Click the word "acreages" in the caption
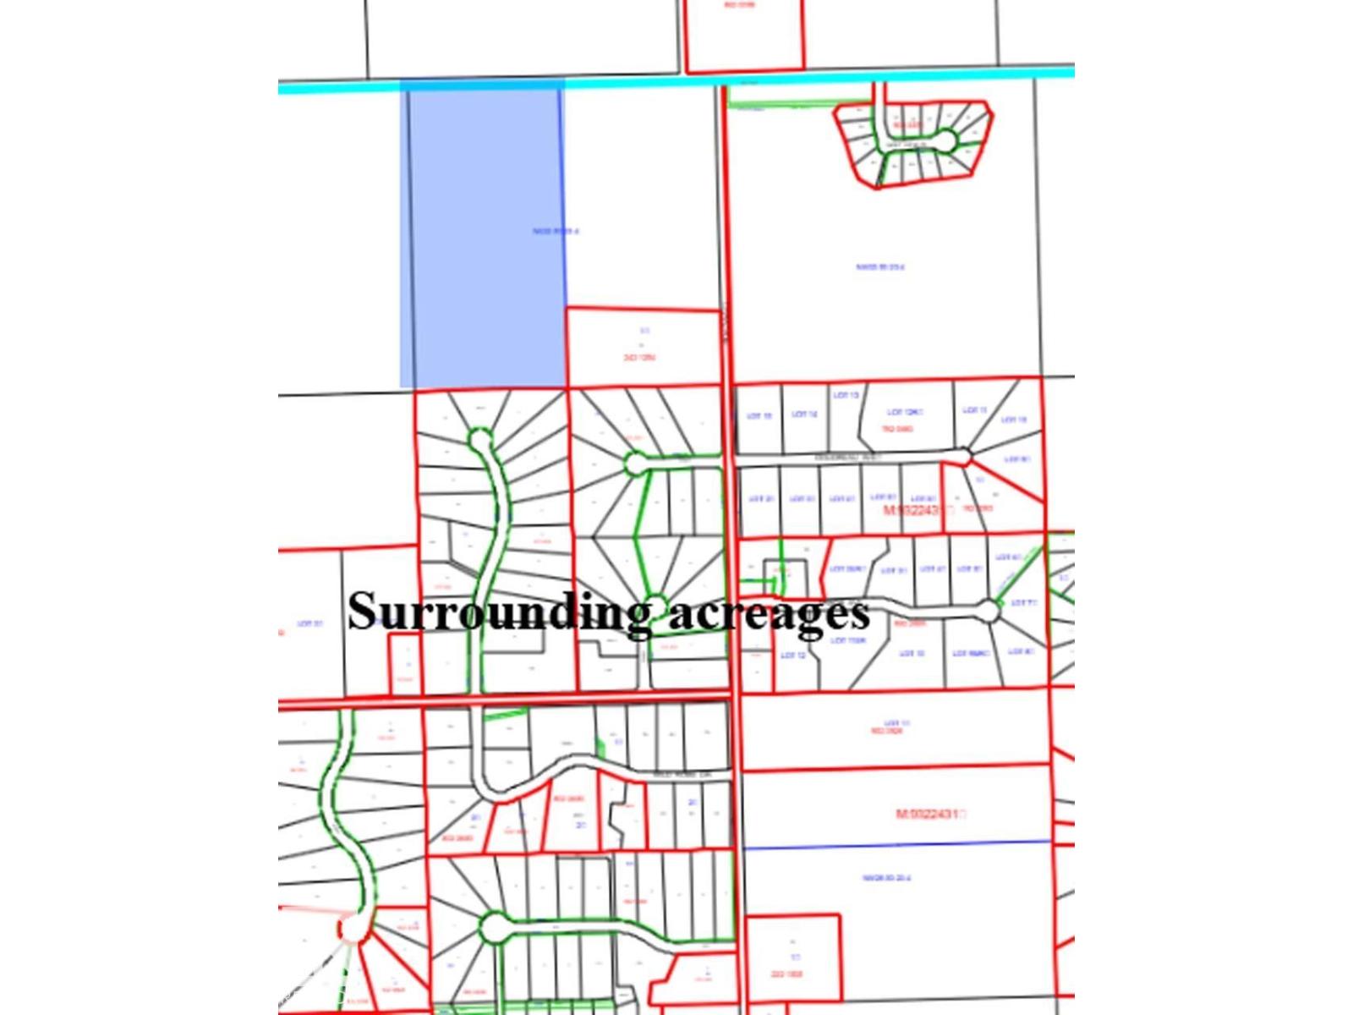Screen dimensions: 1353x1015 click(769, 614)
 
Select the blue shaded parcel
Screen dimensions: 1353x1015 click(482, 237)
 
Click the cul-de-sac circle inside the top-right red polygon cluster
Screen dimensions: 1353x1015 click(945, 140)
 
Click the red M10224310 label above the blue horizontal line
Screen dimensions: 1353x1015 click(929, 814)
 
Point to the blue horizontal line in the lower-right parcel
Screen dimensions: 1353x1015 click(896, 844)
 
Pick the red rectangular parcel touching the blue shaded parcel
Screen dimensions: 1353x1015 click(643, 347)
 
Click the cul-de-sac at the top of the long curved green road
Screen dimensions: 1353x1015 click(479, 440)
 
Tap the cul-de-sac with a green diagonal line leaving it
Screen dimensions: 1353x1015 click(988, 610)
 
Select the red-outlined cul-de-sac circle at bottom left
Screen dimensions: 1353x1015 click(354, 929)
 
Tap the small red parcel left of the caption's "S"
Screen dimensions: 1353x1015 click(404, 664)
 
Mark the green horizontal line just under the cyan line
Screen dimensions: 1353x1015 click(758, 107)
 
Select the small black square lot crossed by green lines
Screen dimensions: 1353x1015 click(774, 573)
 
